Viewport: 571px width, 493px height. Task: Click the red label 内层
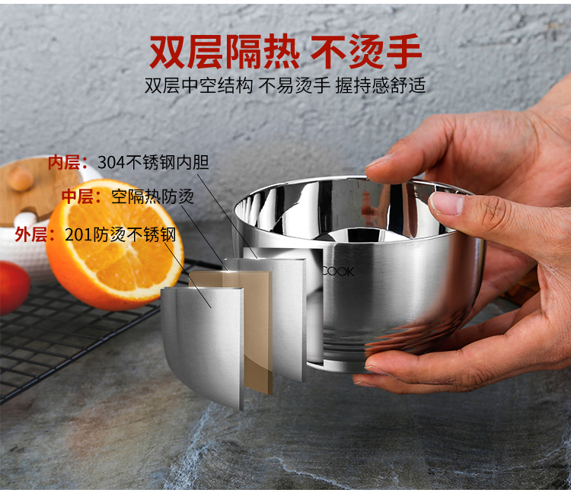64,162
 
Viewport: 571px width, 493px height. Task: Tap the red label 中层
78,196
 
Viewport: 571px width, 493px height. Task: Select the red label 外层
30,234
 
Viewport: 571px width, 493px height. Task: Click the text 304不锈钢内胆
153,162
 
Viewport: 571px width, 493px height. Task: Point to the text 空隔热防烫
152,196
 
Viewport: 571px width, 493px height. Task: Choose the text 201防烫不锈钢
120,234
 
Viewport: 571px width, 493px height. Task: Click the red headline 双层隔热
225,51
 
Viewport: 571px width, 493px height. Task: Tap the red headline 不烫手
366,51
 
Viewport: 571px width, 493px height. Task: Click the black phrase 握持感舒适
381,85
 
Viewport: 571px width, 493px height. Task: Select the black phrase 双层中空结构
199,85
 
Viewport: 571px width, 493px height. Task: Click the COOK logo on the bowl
338,272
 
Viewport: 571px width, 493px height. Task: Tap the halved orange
115,243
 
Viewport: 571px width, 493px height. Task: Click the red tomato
14,287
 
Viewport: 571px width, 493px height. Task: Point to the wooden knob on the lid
21,178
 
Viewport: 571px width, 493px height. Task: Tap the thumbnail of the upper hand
446,203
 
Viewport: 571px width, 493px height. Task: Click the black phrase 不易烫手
294,85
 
